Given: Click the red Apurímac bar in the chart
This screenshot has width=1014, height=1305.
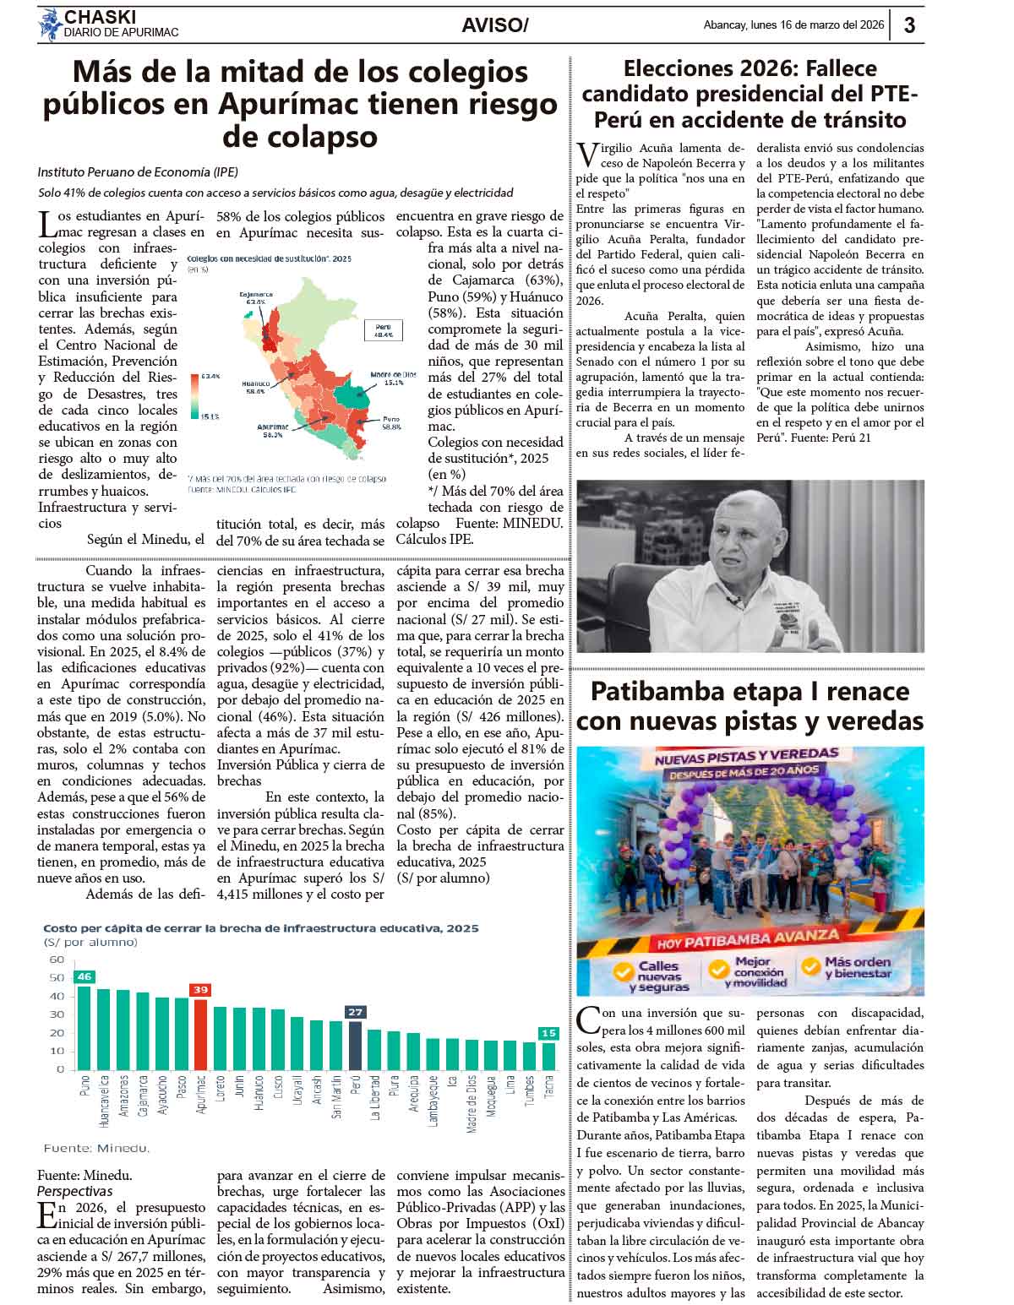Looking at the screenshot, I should [x=201, y=1035].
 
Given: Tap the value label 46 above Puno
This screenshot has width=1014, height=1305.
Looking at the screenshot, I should [x=84, y=976].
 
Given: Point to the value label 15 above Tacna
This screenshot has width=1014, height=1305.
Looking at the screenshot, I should [x=549, y=1033].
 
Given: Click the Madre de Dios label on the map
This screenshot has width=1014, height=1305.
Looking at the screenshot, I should [x=393, y=377].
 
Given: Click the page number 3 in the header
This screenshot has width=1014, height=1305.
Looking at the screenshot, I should [x=909, y=25].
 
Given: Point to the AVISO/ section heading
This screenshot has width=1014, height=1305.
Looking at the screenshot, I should [x=494, y=26].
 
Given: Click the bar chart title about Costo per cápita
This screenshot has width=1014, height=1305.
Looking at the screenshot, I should [x=261, y=927].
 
